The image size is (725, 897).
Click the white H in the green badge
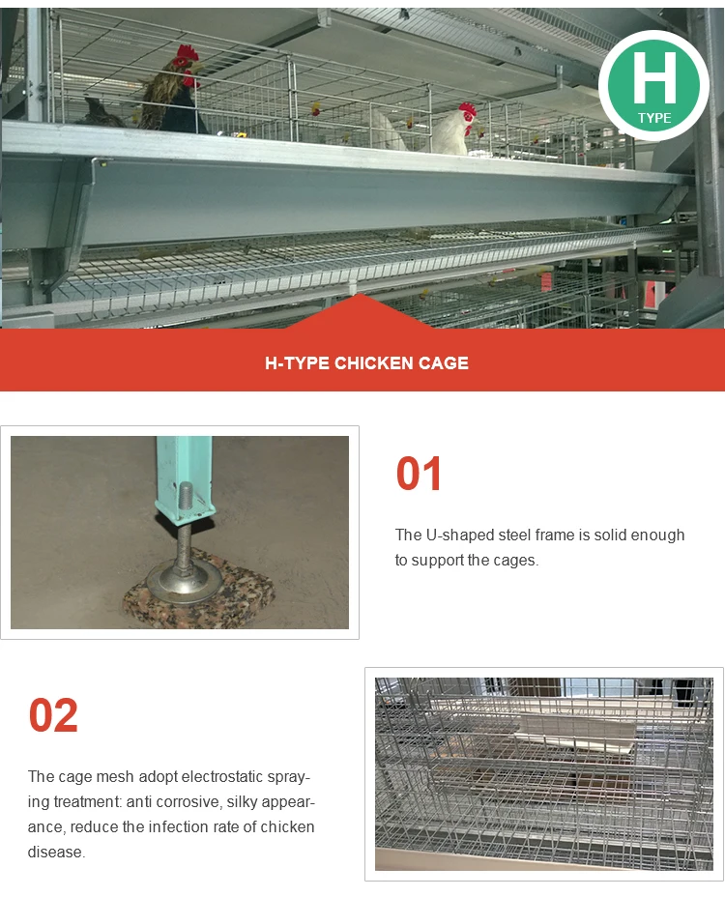click(654, 77)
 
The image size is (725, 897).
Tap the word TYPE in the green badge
click(654, 119)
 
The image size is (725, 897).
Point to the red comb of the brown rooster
click(188, 54)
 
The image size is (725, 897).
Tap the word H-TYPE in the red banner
click(297, 363)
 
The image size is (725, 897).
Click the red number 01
click(419, 474)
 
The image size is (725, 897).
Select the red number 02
click(53, 715)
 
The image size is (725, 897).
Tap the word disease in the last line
click(55, 852)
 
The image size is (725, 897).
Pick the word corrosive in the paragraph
click(188, 802)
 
